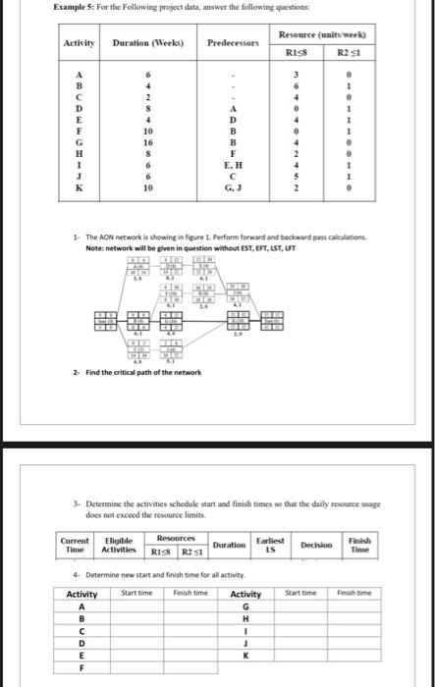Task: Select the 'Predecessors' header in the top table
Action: point(232,44)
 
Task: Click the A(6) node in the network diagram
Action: point(137,267)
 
